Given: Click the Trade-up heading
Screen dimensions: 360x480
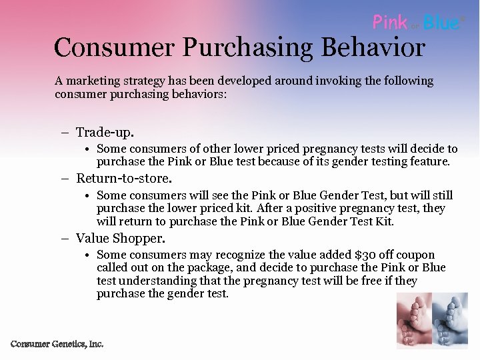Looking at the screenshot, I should point(105,132).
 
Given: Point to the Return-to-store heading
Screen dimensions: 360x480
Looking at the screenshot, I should point(124,178).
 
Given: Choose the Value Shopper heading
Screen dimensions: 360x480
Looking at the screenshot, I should point(120,238).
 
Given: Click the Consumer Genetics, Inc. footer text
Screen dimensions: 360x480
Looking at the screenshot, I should point(57,344).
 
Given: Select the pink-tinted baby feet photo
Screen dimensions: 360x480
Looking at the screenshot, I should point(414,321).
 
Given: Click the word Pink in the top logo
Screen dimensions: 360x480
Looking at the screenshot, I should point(390,23).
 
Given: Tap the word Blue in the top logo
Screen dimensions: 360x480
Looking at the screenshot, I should point(441,23).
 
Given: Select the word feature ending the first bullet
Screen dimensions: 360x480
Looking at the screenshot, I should point(431,161).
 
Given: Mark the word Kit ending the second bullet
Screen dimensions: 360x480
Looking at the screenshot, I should point(384,221).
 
